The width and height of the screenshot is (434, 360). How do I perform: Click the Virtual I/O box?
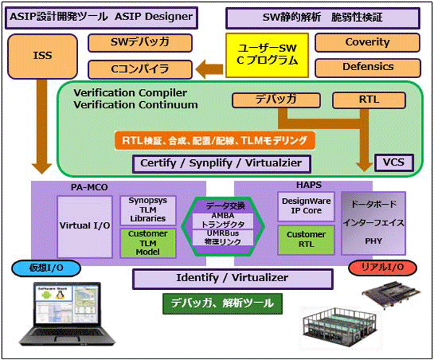coord(84,225)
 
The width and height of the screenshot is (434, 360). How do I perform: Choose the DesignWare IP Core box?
coord(306,208)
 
